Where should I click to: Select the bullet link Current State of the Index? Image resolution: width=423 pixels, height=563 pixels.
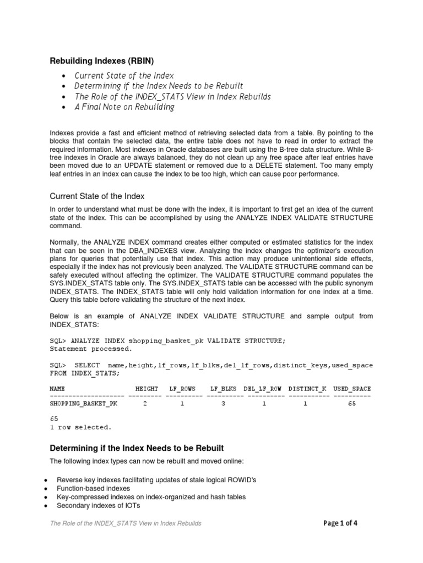pos(124,75)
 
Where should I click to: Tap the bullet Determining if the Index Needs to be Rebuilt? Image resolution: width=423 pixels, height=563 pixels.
pos(159,86)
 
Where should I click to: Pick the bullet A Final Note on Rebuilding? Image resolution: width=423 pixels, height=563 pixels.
pos(124,107)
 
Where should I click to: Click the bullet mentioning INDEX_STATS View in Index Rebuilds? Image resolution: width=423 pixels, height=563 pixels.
pos(172,96)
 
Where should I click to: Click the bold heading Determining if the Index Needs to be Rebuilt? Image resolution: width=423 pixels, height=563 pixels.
pos(137,448)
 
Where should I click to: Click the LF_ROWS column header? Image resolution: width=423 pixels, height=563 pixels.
pos(182,388)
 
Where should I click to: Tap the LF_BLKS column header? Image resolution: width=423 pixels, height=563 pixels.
pos(223,388)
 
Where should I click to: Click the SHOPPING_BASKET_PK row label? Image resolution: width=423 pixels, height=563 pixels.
pos(84,404)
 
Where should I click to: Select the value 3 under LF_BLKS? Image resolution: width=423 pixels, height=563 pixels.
pos(223,404)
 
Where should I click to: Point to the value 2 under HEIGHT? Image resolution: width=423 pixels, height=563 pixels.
pos(145,404)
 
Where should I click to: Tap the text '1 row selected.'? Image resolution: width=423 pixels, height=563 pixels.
pos(80,427)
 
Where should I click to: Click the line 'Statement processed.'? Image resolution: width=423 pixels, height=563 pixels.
pos(91,349)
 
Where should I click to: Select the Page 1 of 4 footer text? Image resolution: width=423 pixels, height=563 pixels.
pos(340,523)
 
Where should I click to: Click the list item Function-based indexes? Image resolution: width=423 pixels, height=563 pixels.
pos(94,488)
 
